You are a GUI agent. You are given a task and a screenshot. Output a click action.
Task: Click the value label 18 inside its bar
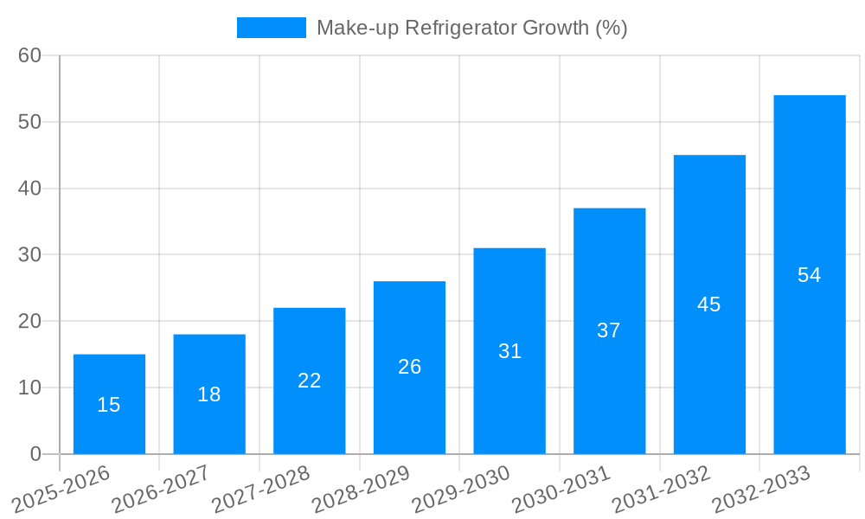209,394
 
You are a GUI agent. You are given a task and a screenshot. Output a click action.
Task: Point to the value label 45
709,304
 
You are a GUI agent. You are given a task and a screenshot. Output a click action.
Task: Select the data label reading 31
509,351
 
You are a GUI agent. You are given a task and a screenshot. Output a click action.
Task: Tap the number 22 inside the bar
310,381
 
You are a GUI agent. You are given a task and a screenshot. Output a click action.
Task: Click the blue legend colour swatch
271,28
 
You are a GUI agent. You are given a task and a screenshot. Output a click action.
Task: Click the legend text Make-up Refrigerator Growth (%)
471,28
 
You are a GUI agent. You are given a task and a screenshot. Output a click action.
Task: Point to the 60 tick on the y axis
29,55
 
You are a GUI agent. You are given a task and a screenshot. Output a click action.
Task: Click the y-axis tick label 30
29,254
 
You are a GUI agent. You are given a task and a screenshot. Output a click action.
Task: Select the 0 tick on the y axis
35,454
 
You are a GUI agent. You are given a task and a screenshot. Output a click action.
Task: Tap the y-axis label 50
29,122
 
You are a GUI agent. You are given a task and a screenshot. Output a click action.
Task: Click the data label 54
809,275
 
